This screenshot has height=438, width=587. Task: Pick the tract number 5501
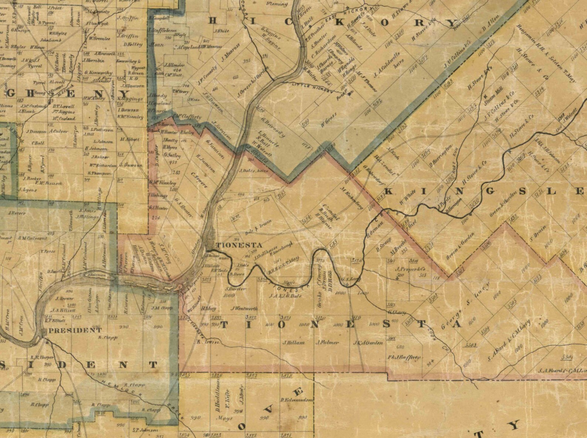pyautogui.click(x=566, y=357)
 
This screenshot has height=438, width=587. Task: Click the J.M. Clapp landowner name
pyautogui.click(x=162, y=307)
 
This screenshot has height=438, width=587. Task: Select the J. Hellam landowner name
pyautogui.click(x=294, y=342)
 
